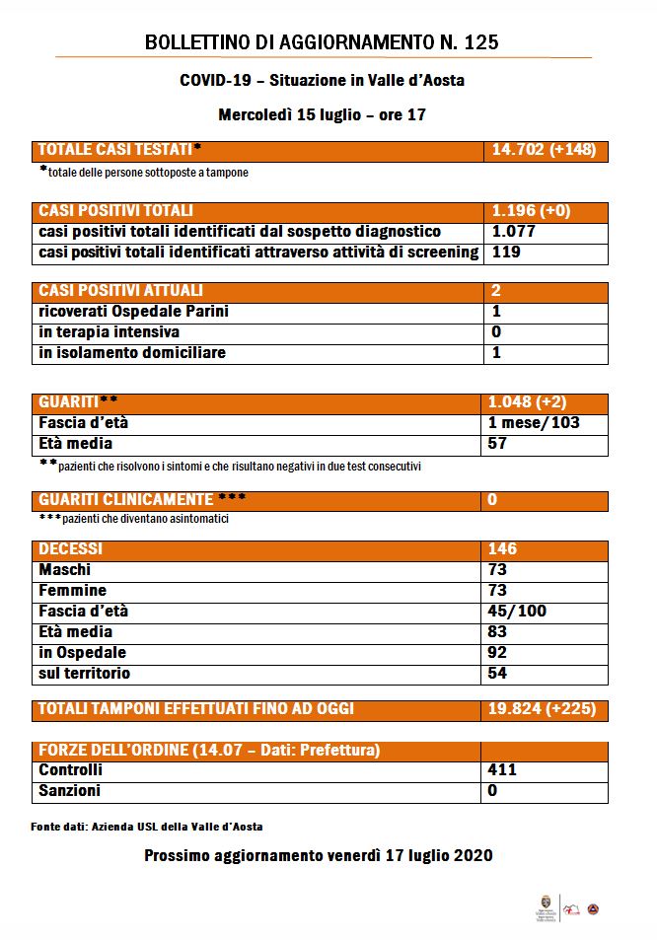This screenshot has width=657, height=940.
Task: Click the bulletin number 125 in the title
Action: point(480,41)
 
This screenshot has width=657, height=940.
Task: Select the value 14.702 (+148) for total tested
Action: point(543,151)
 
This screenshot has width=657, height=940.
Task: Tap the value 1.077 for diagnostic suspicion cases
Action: point(513,232)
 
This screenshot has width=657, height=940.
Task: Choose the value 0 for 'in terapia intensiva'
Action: point(496,332)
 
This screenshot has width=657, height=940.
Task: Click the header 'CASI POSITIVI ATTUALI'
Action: point(120,291)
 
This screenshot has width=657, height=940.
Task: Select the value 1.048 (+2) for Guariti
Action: point(528,402)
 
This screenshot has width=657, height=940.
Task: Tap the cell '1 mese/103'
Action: point(534,423)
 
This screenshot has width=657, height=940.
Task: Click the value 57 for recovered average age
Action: point(498,444)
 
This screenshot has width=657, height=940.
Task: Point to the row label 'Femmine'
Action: point(72,591)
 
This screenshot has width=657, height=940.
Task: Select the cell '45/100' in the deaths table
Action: point(517,612)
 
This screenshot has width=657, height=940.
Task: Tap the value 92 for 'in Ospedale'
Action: point(498,653)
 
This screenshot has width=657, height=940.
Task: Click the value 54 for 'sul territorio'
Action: point(498,674)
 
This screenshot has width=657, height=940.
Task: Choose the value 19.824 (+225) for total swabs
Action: point(542,709)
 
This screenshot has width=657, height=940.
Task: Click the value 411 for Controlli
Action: point(502,770)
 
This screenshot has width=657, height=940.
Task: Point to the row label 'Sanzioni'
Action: point(69,791)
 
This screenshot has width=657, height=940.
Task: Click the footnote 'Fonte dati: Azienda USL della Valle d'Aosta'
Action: point(147,827)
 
